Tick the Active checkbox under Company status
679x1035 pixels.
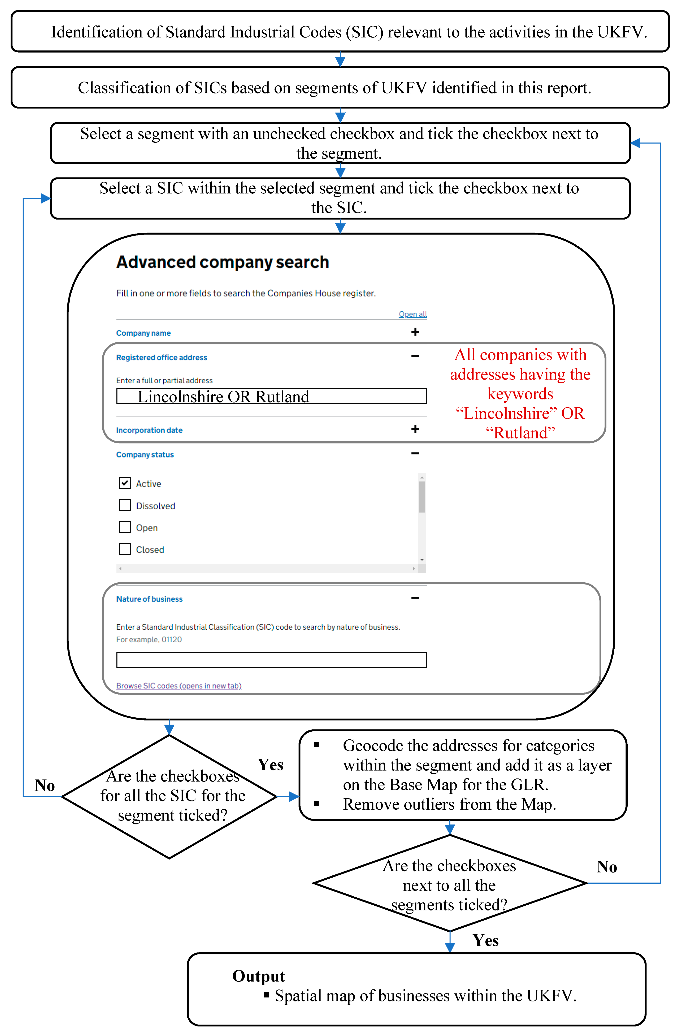click(x=125, y=483)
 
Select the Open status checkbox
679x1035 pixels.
click(x=125, y=527)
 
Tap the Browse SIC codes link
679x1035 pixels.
click(x=179, y=686)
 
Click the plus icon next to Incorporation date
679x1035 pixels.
click(x=415, y=429)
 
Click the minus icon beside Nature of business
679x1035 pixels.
click(x=415, y=598)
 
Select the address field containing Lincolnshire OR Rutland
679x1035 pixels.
click(x=271, y=396)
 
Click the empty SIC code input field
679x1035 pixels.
click(x=271, y=660)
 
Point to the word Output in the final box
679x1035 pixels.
click(x=258, y=976)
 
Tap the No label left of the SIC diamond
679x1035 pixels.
click(x=45, y=785)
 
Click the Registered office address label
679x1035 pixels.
click(x=161, y=358)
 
